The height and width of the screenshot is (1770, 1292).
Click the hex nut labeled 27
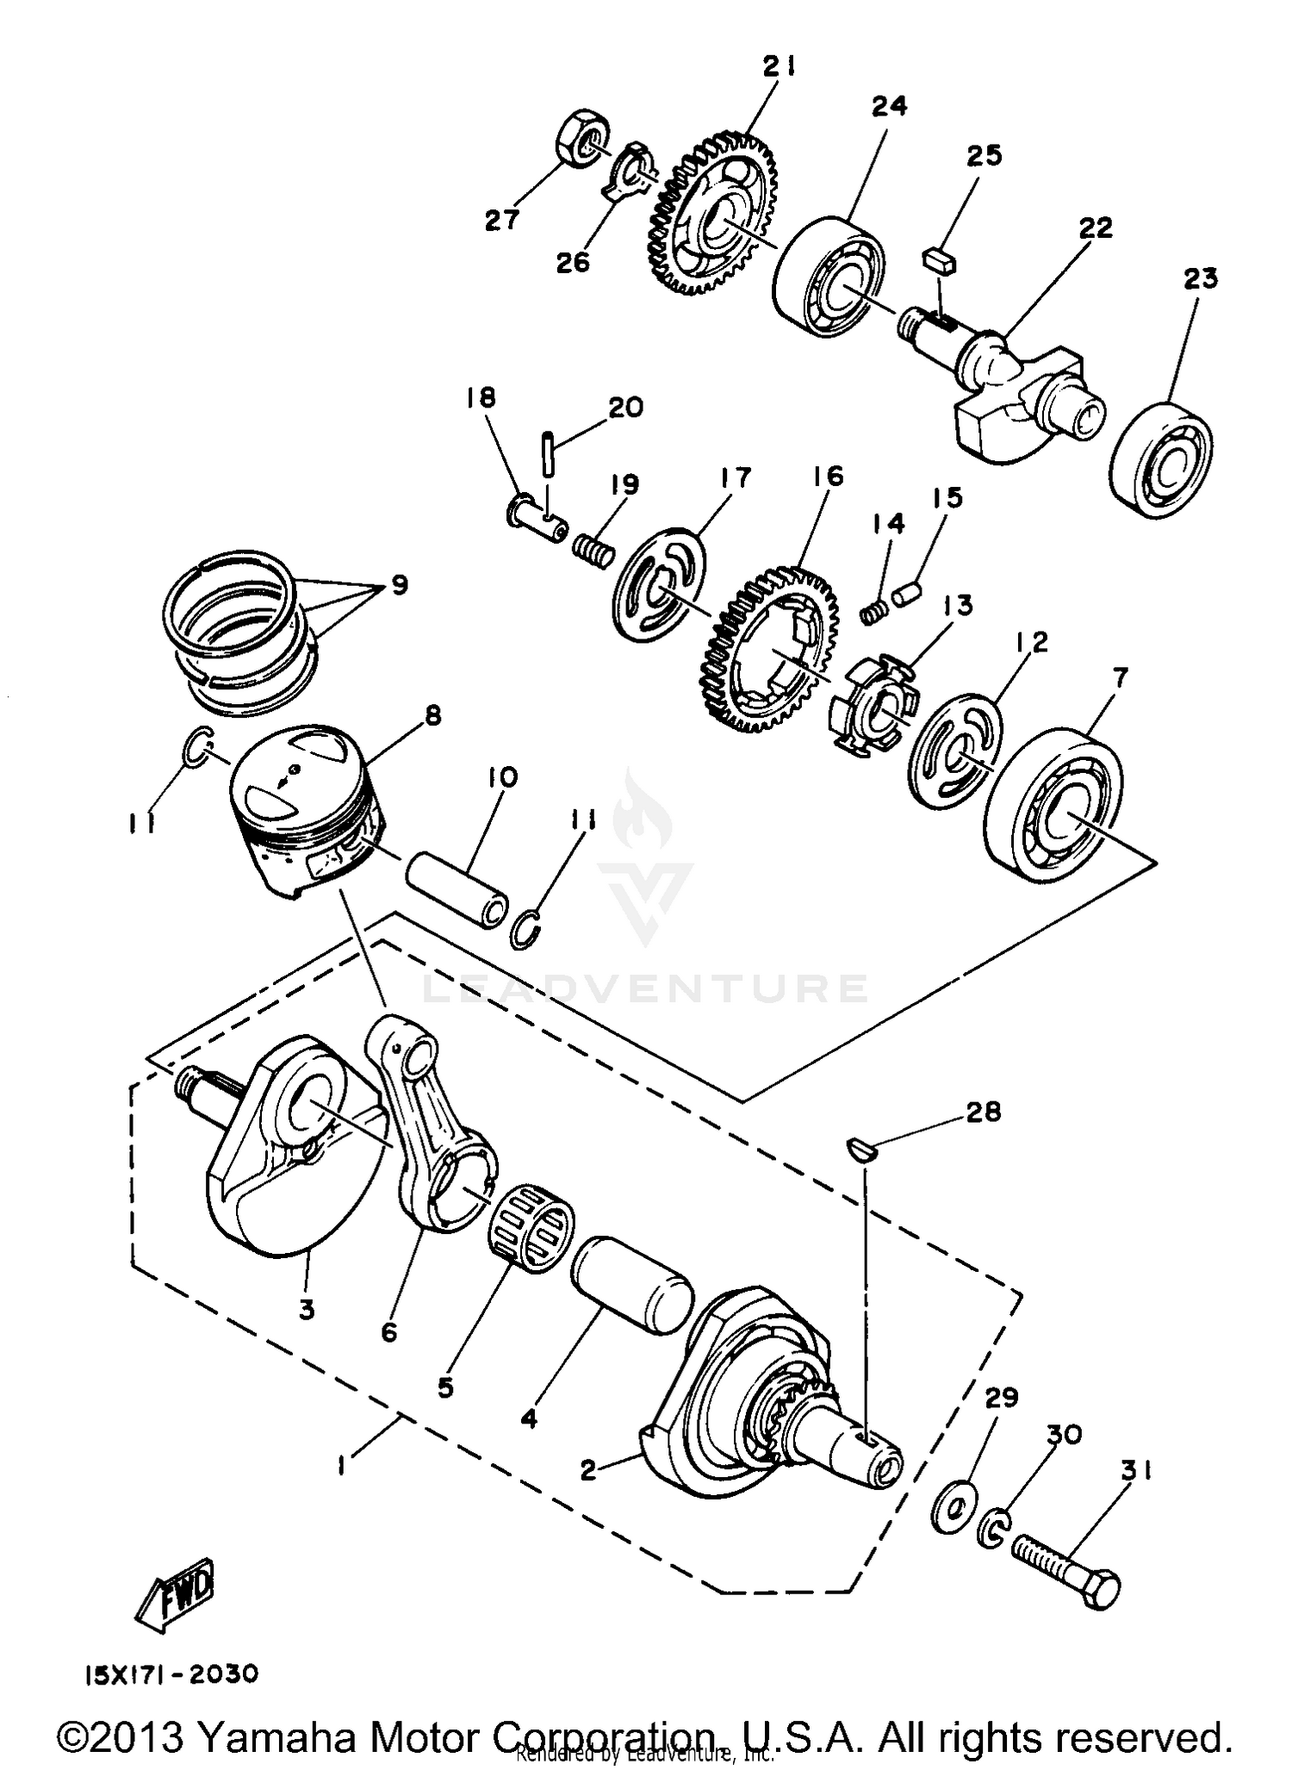click(583, 137)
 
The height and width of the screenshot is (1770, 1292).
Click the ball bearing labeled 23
click(1163, 452)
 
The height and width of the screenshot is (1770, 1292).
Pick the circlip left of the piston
click(196, 745)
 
